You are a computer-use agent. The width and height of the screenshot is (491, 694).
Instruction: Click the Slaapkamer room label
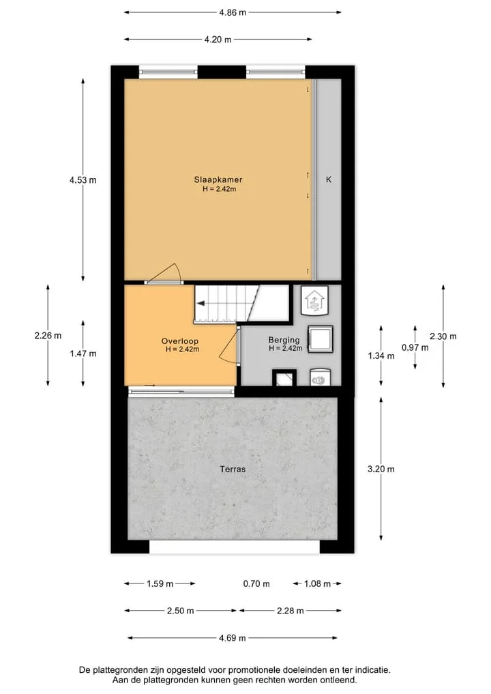[x=218, y=179]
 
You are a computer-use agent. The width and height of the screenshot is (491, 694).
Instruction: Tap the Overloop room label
[x=179, y=341]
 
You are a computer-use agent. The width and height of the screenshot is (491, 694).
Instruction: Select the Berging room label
[x=284, y=340]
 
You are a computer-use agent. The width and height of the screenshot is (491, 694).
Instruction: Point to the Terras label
[x=233, y=469]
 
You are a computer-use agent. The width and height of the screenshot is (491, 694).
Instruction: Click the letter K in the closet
[x=329, y=179]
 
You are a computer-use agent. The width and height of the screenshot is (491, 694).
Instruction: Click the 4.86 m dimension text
[x=233, y=12]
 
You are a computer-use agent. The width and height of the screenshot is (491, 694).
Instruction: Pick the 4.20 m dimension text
[x=218, y=40]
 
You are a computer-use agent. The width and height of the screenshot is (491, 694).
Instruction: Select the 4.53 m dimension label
[x=83, y=180]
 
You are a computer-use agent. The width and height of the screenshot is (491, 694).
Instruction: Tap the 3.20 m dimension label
[x=381, y=469]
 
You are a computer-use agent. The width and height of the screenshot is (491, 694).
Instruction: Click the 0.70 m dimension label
[x=256, y=583]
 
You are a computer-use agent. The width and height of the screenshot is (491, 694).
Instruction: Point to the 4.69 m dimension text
[x=233, y=638]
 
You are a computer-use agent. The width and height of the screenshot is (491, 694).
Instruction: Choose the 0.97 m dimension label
[x=415, y=348]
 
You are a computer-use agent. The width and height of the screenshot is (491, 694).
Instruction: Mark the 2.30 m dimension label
[x=443, y=336]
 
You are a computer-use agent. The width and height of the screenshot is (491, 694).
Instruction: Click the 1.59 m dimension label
[x=160, y=583]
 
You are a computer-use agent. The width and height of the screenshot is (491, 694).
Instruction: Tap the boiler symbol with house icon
[x=314, y=300]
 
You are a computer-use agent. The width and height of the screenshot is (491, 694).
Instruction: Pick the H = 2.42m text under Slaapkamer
[x=220, y=189]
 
